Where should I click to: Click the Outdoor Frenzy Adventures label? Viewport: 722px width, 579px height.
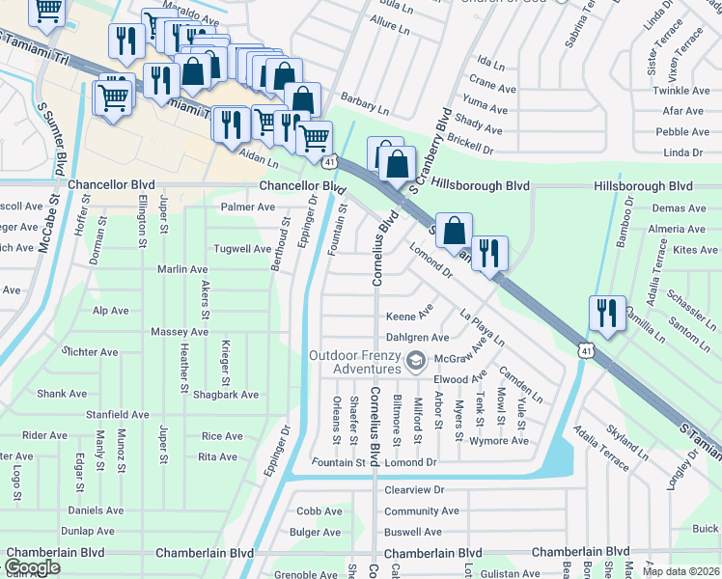tap(353, 362)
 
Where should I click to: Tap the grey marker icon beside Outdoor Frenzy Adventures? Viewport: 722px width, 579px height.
tap(416, 362)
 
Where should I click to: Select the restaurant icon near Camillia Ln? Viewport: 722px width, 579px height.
tap(607, 314)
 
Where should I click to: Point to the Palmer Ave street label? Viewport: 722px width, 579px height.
tap(248, 207)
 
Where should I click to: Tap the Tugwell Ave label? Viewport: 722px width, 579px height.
tap(242, 248)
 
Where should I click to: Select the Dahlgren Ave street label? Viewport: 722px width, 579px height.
tap(417, 338)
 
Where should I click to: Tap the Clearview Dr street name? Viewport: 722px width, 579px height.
tap(413, 490)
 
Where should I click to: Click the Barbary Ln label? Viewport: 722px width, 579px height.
tap(364, 99)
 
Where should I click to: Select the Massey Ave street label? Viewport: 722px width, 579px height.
tap(180, 332)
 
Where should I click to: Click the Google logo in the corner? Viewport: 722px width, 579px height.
tap(32, 567)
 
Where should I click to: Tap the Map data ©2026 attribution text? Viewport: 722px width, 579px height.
tap(681, 571)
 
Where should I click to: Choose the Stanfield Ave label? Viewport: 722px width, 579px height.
tap(117, 414)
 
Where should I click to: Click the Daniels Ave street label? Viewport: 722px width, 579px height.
tap(96, 510)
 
